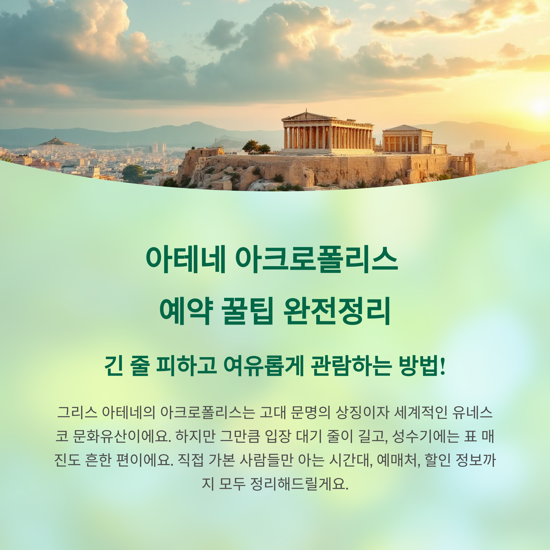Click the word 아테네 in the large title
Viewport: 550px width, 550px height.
[x=185, y=259]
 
